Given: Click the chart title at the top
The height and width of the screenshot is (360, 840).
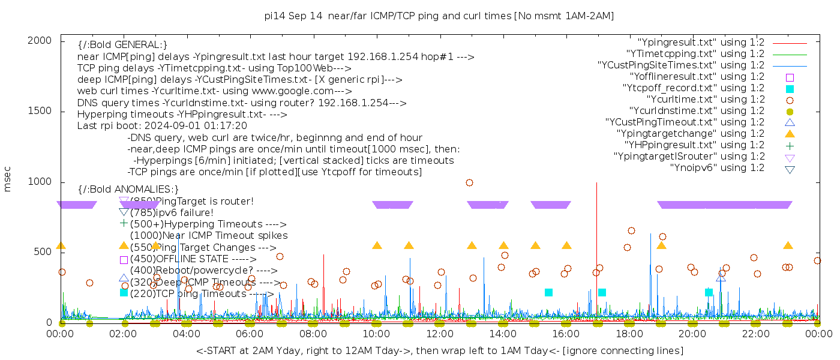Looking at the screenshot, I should pyautogui.click(x=439, y=16).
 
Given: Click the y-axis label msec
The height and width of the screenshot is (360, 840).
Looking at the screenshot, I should pyautogui.click(x=8, y=181).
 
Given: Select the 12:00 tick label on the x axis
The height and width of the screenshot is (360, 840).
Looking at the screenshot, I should pyautogui.click(x=440, y=334).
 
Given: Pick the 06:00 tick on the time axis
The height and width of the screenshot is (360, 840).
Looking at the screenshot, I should pyautogui.click(x=250, y=334).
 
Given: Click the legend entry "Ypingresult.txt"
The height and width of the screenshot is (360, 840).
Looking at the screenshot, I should pyautogui.click(x=701, y=43).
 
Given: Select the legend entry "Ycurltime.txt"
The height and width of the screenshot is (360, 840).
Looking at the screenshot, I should pyautogui.click(x=706, y=100).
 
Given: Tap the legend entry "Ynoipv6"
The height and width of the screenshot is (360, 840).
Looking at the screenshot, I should pyautogui.click(x=717, y=168).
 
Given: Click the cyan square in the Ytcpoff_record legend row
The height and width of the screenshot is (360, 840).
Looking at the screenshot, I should pyautogui.click(x=790, y=89).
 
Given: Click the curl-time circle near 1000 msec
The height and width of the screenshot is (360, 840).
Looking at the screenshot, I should pyautogui.click(x=469, y=182).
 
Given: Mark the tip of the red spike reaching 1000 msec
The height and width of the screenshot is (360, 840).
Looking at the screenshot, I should pyautogui.click(x=596, y=182).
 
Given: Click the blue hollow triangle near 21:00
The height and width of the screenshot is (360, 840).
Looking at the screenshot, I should pyautogui.click(x=721, y=278).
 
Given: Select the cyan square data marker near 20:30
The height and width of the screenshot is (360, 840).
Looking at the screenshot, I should pyautogui.click(x=709, y=292).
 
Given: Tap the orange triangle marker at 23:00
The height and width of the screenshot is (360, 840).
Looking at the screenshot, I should pyautogui.click(x=788, y=245).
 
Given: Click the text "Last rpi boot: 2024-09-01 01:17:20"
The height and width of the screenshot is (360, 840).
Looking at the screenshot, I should pyautogui.click(x=162, y=126).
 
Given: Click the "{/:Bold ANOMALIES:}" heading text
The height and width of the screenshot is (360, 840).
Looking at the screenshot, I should pyautogui.click(x=128, y=190).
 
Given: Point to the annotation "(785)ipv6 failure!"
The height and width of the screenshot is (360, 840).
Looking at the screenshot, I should pyautogui.click(x=172, y=212).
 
